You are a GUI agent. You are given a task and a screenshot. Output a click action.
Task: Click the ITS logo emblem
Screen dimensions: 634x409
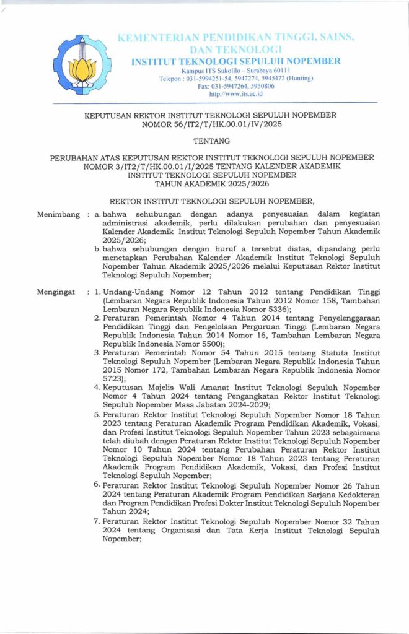(x=82, y=64)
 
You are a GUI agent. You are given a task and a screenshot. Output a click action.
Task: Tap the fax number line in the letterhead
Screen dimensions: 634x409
(x=236, y=86)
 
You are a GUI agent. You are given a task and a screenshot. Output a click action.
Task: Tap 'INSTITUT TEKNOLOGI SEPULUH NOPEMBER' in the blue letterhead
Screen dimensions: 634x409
(x=236, y=61)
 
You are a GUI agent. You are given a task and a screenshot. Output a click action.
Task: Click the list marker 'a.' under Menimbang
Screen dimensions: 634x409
(x=97, y=214)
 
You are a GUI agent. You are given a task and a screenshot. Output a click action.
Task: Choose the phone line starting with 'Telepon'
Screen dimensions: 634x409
(x=236, y=79)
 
